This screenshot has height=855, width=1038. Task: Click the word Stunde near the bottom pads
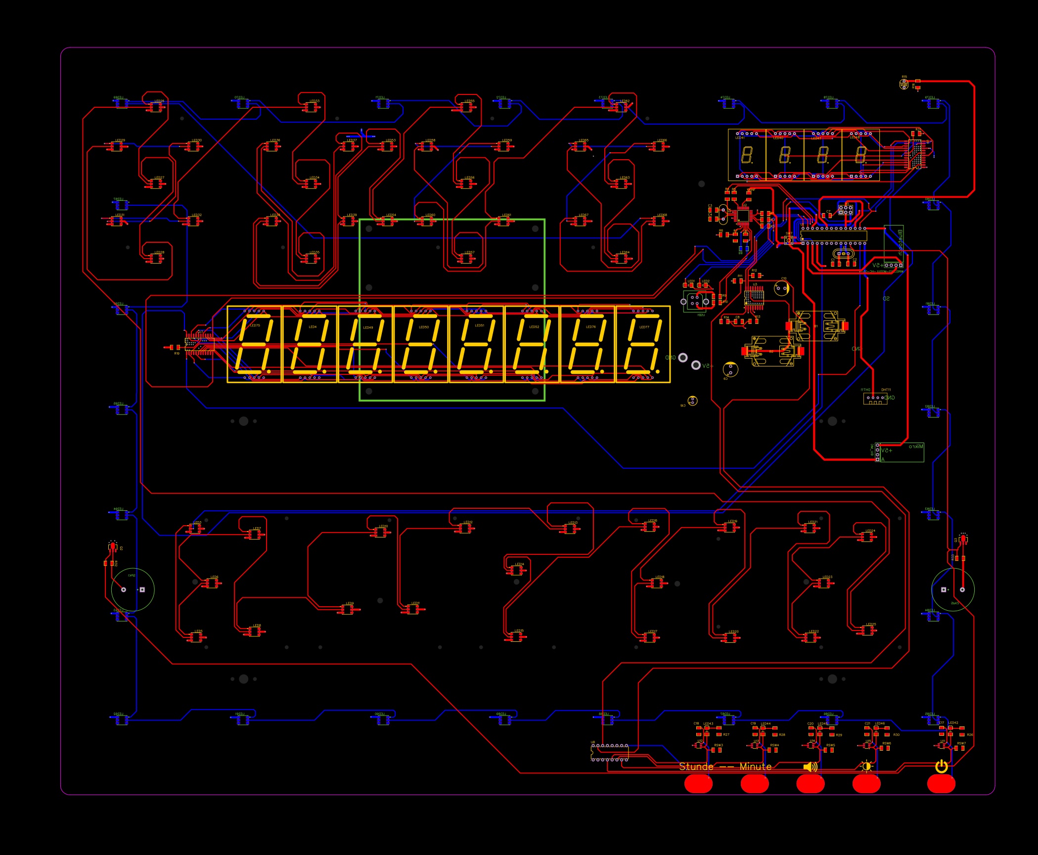pos(696,766)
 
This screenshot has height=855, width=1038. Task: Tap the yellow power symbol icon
pos(941,766)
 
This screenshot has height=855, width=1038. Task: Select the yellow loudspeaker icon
pos(810,766)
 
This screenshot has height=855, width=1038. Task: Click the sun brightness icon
pos(866,766)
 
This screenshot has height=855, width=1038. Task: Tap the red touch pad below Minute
pos(754,783)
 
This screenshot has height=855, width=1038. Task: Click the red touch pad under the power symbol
pos(941,783)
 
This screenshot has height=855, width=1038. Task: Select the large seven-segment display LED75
pos(254,344)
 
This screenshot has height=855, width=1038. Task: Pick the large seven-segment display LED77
pos(643,344)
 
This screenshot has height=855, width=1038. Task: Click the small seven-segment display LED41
pos(747,155)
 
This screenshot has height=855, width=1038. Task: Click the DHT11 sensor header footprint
pos(875,398)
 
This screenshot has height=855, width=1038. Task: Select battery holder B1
pos(816,326)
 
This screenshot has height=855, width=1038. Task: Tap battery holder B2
pos(772,351)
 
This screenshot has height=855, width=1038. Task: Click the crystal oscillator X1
pos(843,254)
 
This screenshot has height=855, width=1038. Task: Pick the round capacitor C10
pos(781,288)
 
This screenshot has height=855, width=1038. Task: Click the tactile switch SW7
pos(788,240)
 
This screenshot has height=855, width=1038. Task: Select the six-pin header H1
pos(845,210)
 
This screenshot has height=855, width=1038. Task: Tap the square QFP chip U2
pos(743,216)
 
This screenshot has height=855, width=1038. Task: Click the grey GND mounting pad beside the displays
pos(683,358)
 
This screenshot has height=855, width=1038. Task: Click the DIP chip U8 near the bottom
pos(609,753)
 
